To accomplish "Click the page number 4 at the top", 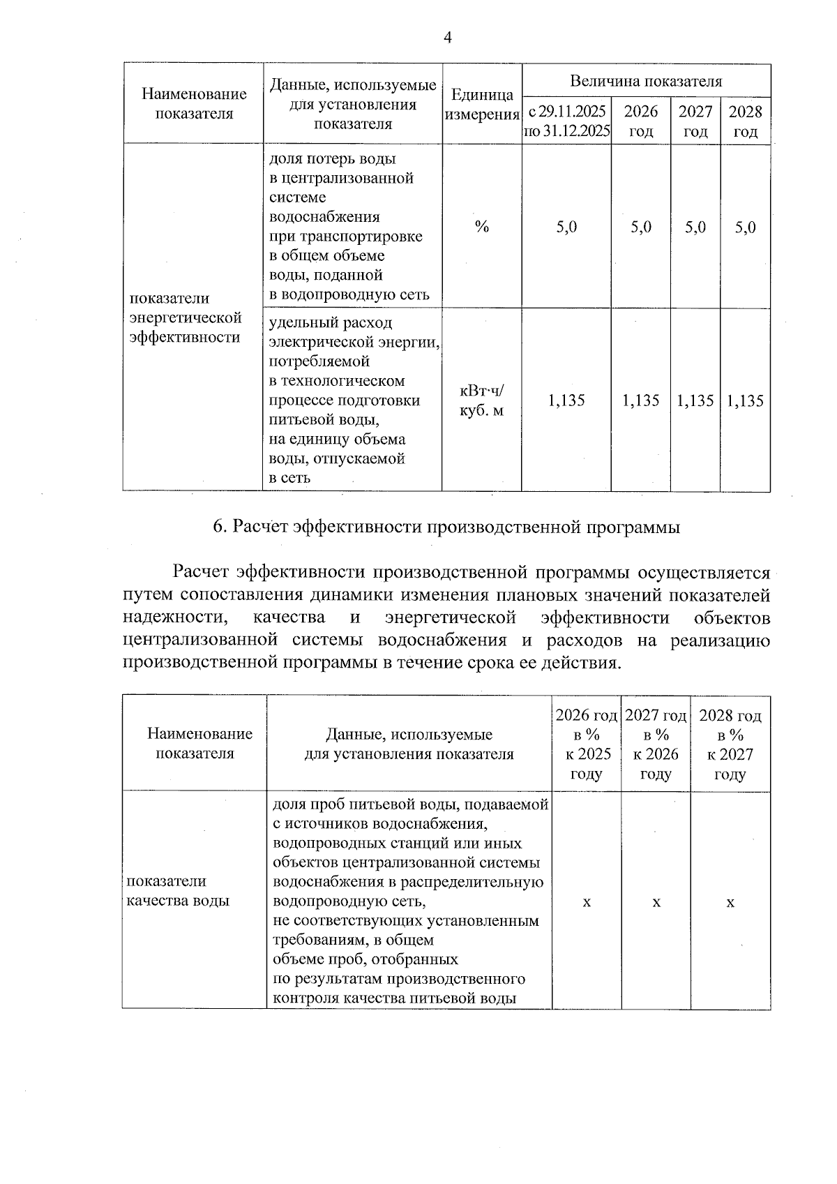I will (447, 38).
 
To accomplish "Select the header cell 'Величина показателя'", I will (646, 81).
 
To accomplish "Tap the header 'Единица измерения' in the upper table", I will (481, 105).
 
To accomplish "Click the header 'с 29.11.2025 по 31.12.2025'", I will (566, 121).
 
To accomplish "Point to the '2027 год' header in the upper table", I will (695, 121).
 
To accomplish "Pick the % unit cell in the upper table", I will (481, 227).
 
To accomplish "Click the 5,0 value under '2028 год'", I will (745, 227).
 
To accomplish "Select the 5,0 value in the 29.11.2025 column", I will (566, 227).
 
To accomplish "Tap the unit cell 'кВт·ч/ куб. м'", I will (481, 400).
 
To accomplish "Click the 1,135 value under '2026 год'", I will (640, 400).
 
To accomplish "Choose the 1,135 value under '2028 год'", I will (745, 400).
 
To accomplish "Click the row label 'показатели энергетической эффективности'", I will (186, 317).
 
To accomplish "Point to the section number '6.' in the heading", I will (220, 527).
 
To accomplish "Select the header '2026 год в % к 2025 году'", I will (586, 744).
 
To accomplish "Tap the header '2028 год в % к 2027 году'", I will (730, 744).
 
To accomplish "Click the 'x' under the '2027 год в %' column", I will (656, 903).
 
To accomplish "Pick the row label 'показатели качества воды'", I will (177, 891).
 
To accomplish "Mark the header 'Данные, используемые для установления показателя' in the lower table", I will (409, 744).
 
